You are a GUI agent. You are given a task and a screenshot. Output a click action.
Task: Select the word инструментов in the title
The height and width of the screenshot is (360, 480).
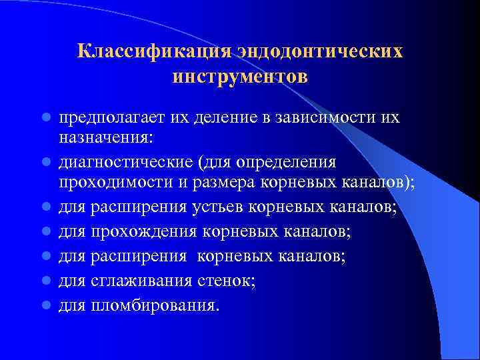[240, 77]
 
